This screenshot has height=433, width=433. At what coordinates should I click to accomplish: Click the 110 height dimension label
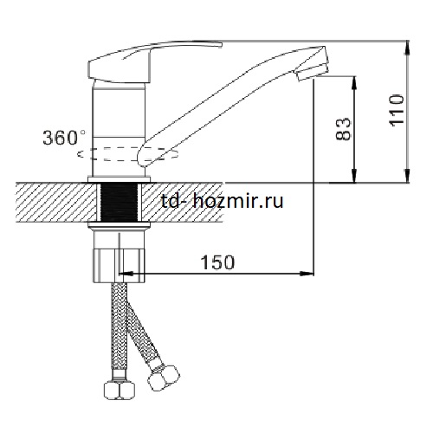(x=397, y=109)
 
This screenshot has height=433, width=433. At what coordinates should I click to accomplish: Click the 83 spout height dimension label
(x=343, y=129)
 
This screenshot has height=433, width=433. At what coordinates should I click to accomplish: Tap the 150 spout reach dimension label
(x=217, y=262)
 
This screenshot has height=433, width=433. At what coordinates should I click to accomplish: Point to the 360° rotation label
(x=64, y=138)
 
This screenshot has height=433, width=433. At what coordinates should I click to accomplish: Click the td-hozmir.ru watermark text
(x=223, y=201)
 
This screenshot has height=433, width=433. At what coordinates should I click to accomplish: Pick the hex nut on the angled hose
(x=164, y=378)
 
